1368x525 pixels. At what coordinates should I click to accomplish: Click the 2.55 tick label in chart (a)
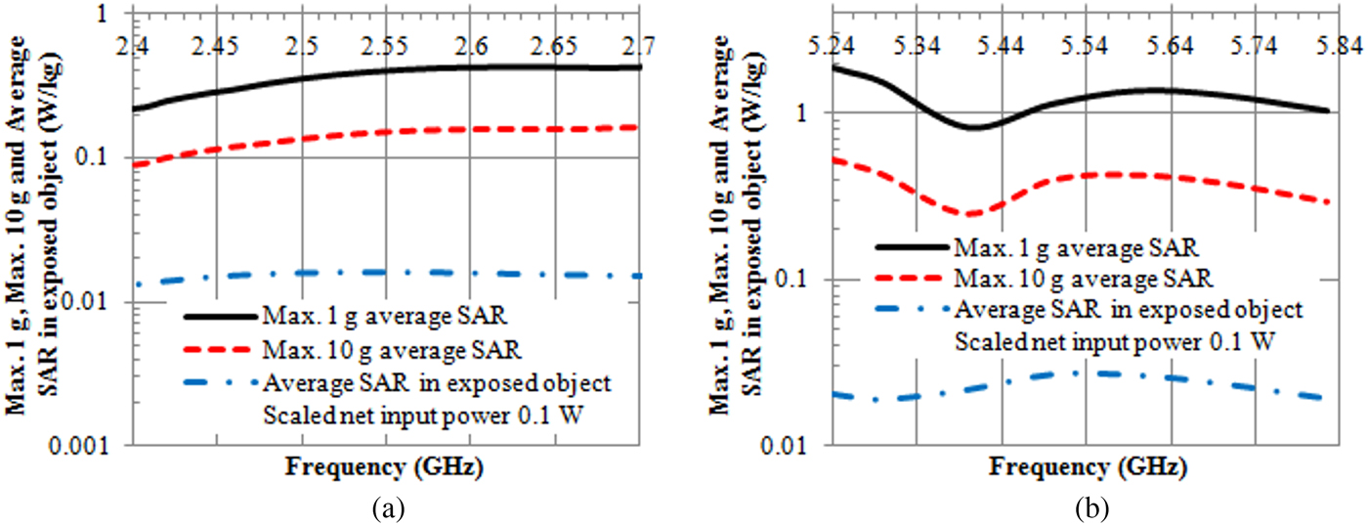tap(386, 46)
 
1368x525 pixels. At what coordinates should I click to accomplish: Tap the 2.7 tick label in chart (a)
tap(639, 46)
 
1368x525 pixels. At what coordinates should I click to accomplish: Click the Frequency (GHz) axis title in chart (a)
tap(384, 465)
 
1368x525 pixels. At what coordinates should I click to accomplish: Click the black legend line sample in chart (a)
tap(219, 316)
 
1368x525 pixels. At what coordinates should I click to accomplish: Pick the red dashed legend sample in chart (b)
tap(911, 277)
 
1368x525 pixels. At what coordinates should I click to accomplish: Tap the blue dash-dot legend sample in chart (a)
tap(219, 379)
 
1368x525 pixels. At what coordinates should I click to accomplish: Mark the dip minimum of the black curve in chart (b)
tap(974, 127)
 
